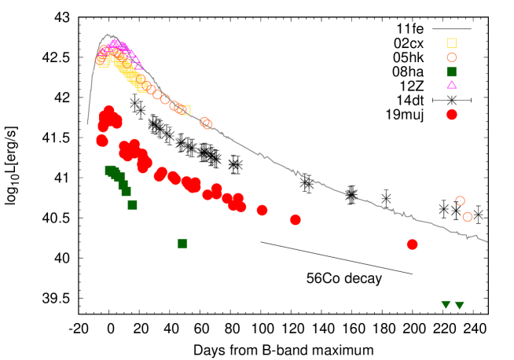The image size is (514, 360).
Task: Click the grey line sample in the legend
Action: coord(451,29)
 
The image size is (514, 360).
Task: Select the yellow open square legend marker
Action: coord(451,43)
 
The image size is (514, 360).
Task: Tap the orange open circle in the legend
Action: coord(451,57)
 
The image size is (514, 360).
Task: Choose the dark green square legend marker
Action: coord(451,72)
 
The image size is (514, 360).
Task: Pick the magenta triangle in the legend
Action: coord(451,85)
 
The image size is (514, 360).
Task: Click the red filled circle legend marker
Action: coord(451,114)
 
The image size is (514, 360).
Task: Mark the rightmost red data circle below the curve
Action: coord(412,244)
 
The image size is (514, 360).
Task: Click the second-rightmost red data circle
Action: coord(296,219)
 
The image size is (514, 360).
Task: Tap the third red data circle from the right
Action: coord(262,210)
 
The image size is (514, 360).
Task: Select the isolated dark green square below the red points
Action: coord(182,243)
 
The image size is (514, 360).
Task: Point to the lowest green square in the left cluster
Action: coord(132,204)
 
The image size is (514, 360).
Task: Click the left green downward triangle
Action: coord(446,304)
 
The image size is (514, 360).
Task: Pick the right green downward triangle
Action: coord(459,305)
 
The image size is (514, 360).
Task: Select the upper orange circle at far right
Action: coord(460,200)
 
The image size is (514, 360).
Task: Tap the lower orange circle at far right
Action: coord(467,216)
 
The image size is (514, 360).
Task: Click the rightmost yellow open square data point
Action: coord(185,110)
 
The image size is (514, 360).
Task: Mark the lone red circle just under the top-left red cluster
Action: coord(101,141)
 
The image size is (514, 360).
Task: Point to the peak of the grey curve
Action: coord(108,34)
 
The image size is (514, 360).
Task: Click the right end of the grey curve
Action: coord(487,241)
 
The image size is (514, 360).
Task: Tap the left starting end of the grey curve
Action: coord(87,124)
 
